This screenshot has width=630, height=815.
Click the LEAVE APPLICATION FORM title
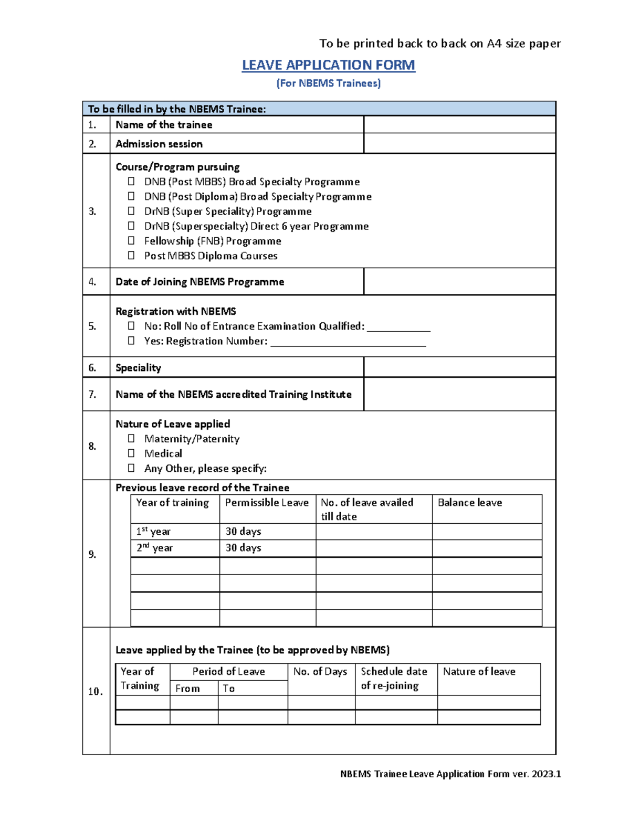coord(328,65)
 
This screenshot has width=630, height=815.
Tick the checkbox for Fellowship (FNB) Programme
coord(131,241)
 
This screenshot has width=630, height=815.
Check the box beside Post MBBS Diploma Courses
coord(131,256)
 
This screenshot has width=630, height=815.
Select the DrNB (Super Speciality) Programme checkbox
coord(131,211)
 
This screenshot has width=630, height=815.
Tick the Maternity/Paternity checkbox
coord(131,438)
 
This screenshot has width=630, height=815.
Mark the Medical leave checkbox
coord(131,453)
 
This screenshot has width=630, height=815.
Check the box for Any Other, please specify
coord(131,468)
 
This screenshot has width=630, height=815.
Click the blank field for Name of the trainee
coord(459,125)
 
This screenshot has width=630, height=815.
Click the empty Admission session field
coord(459,143)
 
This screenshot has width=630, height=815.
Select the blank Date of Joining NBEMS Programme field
coord(459,282)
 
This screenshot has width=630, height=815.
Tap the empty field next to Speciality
coord(459,367)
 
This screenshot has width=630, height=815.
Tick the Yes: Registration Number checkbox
coord(131,341)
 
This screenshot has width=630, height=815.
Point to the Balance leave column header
coord(470,503)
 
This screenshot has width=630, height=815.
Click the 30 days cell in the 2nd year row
coord(244,548)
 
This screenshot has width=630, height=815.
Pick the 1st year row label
coord(153,532)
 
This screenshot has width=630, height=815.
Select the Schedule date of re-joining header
coord(394,678)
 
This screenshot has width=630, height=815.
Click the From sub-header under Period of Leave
coord(187,689)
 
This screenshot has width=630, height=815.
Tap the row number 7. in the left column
coord(92,394)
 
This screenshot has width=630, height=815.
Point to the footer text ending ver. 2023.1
coord(450,774)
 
